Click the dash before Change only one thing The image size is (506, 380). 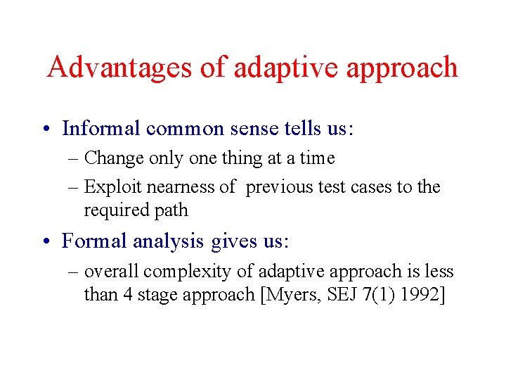pyautogui.click(x=74, y=159)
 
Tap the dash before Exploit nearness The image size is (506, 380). pyautogui.click(x=74, y=188)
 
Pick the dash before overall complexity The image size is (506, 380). pyautogui.click(x=74, y=272)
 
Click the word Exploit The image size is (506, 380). pyautogui.click(x=108, y=187)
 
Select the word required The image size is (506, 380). pyautogui.click(x=112, y=210)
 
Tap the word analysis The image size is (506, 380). pyautogui.click(x=179, y=241)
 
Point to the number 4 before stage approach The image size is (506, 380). pyautogui.click(x=128, y=295)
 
